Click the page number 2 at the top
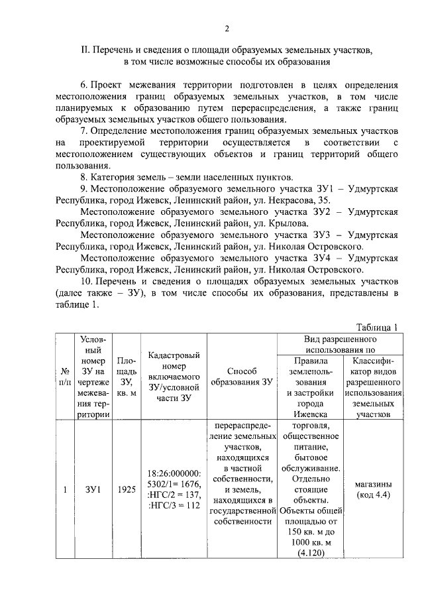click(x=226, y=29)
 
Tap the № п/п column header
click(x=65, y=376)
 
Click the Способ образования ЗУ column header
click(x=241, y=376)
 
